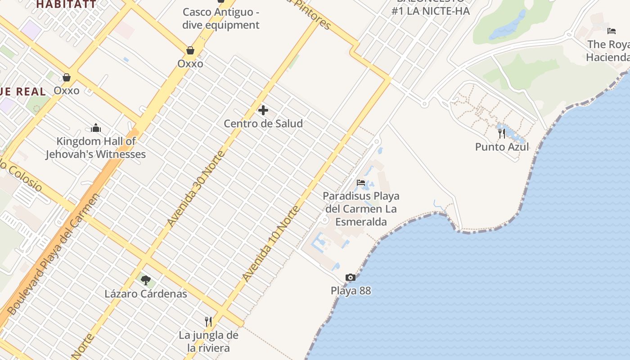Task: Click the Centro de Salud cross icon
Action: [263, 110]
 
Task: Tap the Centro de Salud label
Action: [263, 123]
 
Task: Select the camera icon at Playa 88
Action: [351, 278]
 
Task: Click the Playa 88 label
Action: [351, 291]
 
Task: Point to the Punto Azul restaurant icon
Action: [502, 134]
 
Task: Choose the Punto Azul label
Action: [502, 147]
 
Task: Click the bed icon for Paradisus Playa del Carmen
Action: [361, 183]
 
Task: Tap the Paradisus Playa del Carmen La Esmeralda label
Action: [361, 209]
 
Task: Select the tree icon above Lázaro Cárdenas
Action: [145, 280]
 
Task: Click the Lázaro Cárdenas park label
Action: [146, 294]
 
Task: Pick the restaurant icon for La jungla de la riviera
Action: [208, 321]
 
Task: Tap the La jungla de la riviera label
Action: [208, 342]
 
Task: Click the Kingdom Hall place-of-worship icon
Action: [96, 128]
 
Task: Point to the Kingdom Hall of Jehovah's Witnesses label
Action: [96, 148]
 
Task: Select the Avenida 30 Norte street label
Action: [195, 189]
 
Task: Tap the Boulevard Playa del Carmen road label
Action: [53, 254]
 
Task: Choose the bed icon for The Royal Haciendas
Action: [612, 31]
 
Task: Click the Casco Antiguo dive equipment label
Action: [221, 18]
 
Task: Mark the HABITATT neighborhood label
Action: [66, 4]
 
